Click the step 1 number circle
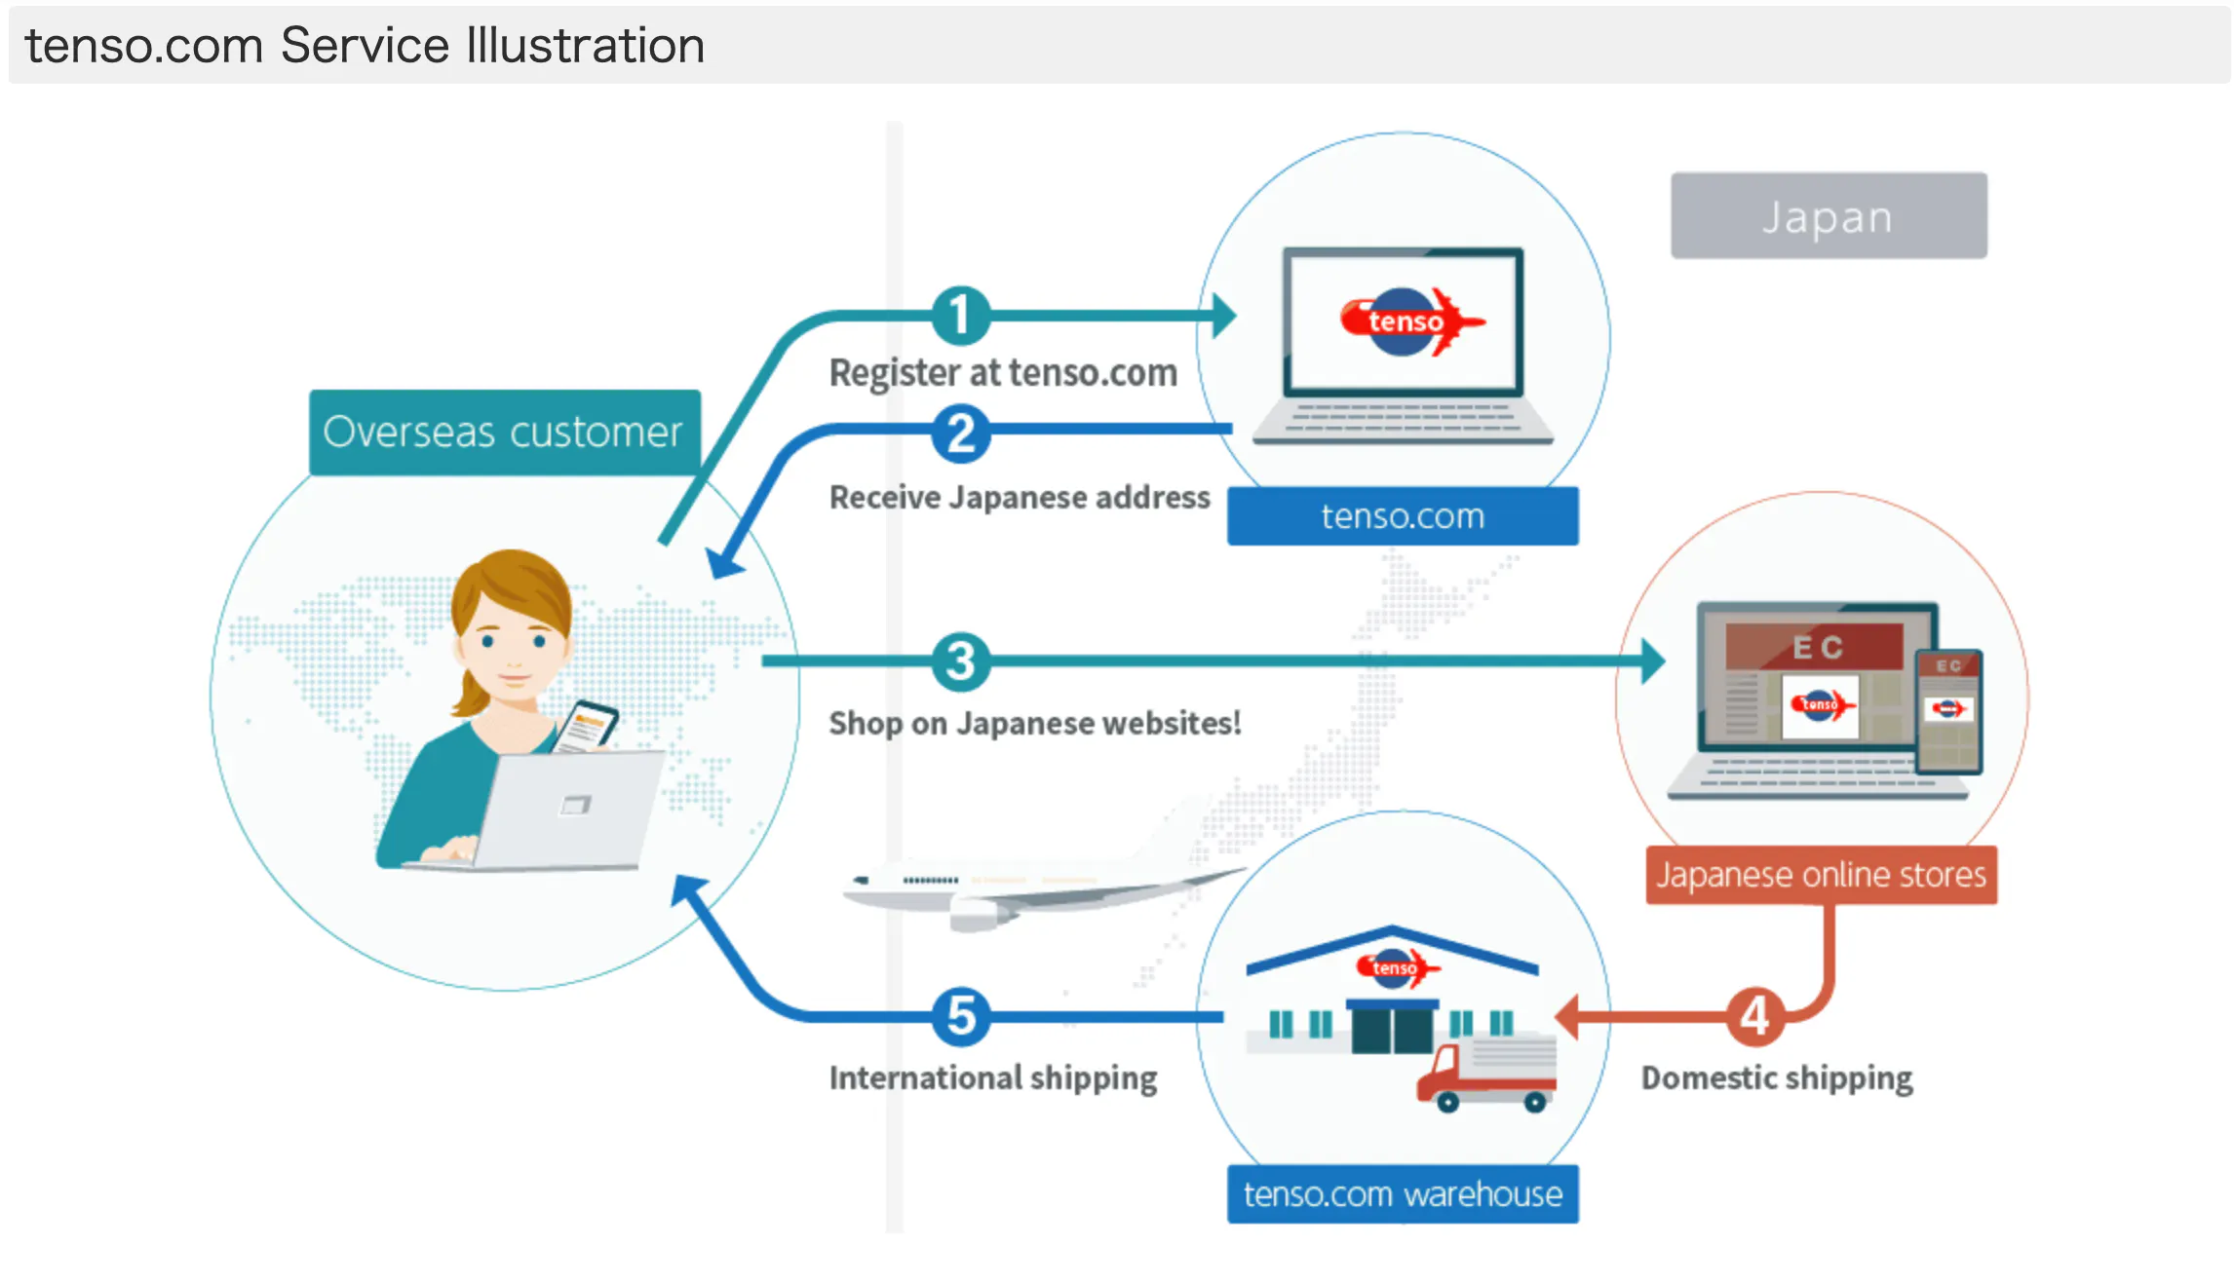pos(960,316)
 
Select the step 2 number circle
pos(960,434)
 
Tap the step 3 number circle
pos(960,661)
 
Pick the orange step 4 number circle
pos(1754,1016)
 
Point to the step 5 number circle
pos(960,1016)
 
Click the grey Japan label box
pos(1828,216)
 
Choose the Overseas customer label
pos(504,433)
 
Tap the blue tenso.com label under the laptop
pos(1402,516)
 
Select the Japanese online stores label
pos(1821,875)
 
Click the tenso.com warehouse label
pos(1402,1193)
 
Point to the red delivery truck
pos(1486,1076)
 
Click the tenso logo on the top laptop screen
pos(1408,321)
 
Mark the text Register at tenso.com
pos(1003,373)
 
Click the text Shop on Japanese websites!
pos(1034,723)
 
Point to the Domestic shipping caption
pos(1776,1077)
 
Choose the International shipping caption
pos(992,1077)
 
